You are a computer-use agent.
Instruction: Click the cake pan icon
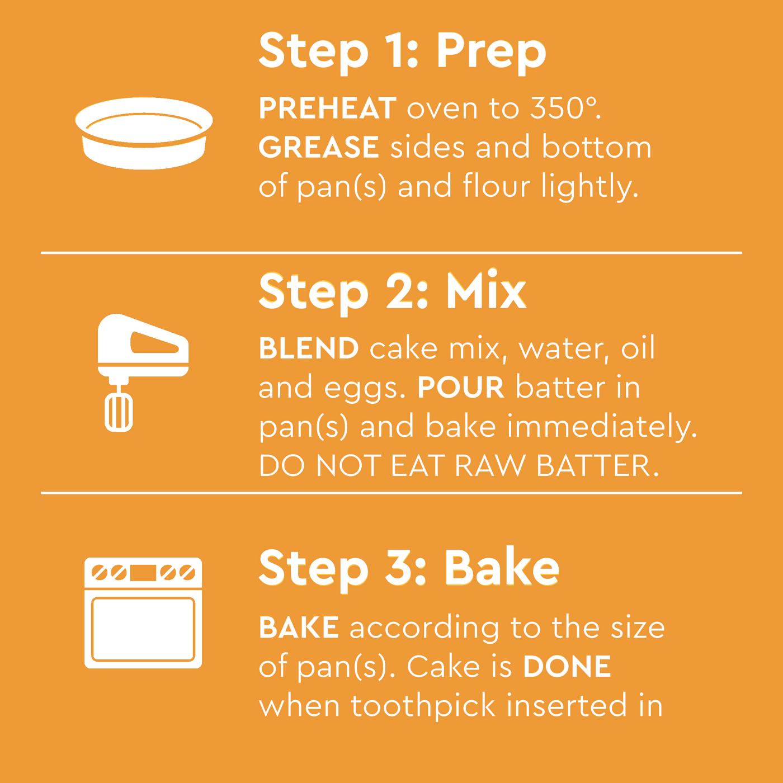click(144, 133)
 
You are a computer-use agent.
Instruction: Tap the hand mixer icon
click(143, 372)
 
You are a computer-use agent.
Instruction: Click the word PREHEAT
click(328, 109)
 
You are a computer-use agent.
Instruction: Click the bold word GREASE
click(319, 147)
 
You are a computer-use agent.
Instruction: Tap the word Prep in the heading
click(491, 53)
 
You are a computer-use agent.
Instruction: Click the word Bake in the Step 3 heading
click(502, 568)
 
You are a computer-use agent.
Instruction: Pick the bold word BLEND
click(309, 348)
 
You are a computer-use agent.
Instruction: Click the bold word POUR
click(461, 387)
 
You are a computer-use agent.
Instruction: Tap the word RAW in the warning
click(489, 466)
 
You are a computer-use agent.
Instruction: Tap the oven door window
click(143, 629)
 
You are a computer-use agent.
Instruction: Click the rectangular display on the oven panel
click(143, 573)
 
